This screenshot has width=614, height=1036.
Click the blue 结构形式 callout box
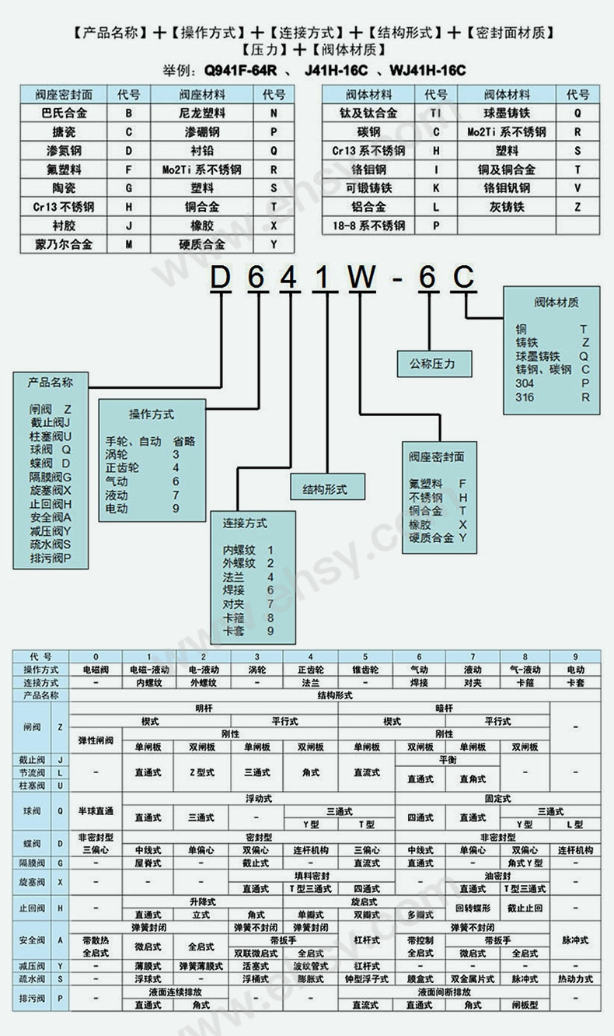tap(319, 489)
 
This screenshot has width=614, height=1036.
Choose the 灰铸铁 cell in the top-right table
tap(507, 207)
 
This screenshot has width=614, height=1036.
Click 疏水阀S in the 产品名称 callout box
tap(51, 544)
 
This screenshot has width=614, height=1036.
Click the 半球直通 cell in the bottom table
tap(96, 811)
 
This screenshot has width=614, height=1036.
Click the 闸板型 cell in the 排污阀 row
tap(525, 1005)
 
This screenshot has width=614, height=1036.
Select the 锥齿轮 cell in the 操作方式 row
tap(365, 670)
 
